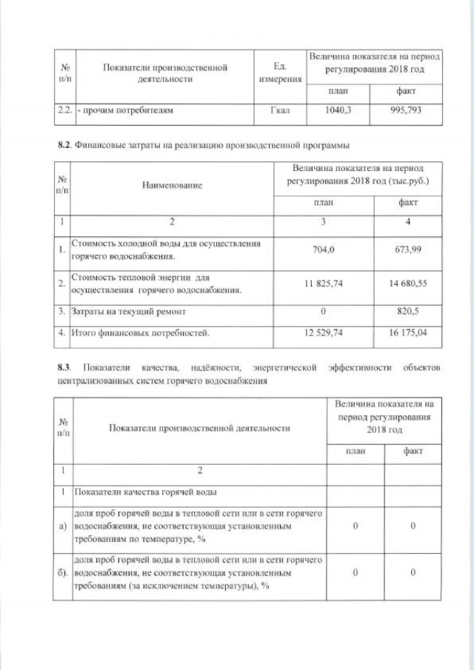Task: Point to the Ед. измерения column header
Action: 280,73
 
